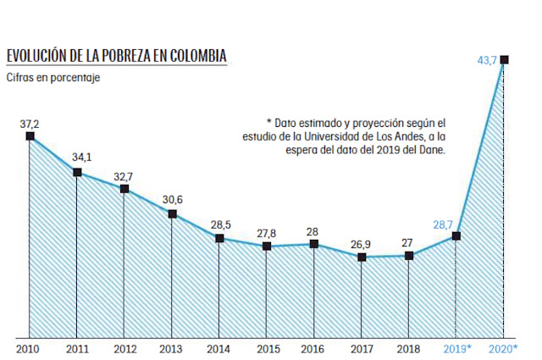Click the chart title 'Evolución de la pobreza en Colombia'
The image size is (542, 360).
tap(116, 57)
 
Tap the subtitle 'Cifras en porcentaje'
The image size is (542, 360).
tap(53, 78)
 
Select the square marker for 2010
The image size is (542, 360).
tap(30, 136)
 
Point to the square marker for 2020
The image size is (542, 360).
tap(504, 59)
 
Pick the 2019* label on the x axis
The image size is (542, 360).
tap(456, 349)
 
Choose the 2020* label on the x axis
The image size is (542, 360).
tap(503, 349)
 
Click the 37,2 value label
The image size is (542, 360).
tap(30, 123)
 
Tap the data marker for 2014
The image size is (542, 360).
tap(219, 238)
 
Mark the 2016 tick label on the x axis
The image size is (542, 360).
tap(314, 349)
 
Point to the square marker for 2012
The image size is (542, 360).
tap(124, 189)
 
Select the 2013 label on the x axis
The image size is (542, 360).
tap(172, 349)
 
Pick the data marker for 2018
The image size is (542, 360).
tap(409, 255)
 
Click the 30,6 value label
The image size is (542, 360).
tap(172, 199)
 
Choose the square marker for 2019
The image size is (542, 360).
tap(456, 235)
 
